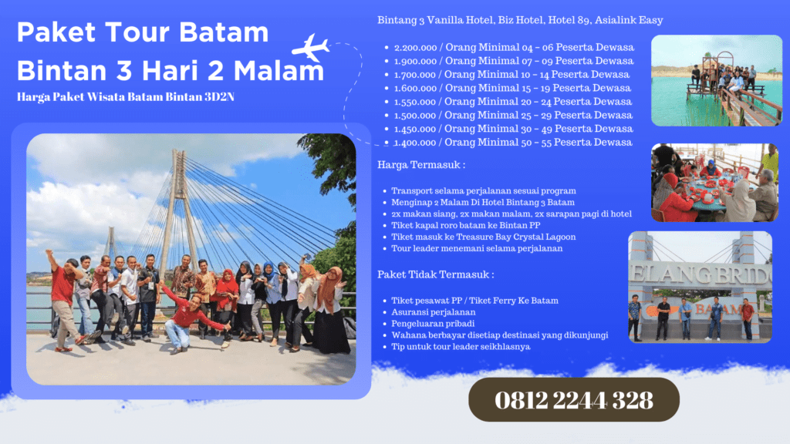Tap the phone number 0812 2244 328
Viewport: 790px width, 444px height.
[x=574, y=400]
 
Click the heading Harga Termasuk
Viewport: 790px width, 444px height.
[x=421, y=165]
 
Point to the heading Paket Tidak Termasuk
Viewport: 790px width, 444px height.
[x=436, y=274]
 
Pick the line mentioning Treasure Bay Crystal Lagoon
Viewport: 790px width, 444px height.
[x=483, y=236]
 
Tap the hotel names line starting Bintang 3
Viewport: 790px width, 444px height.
[x=520, y=20]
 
